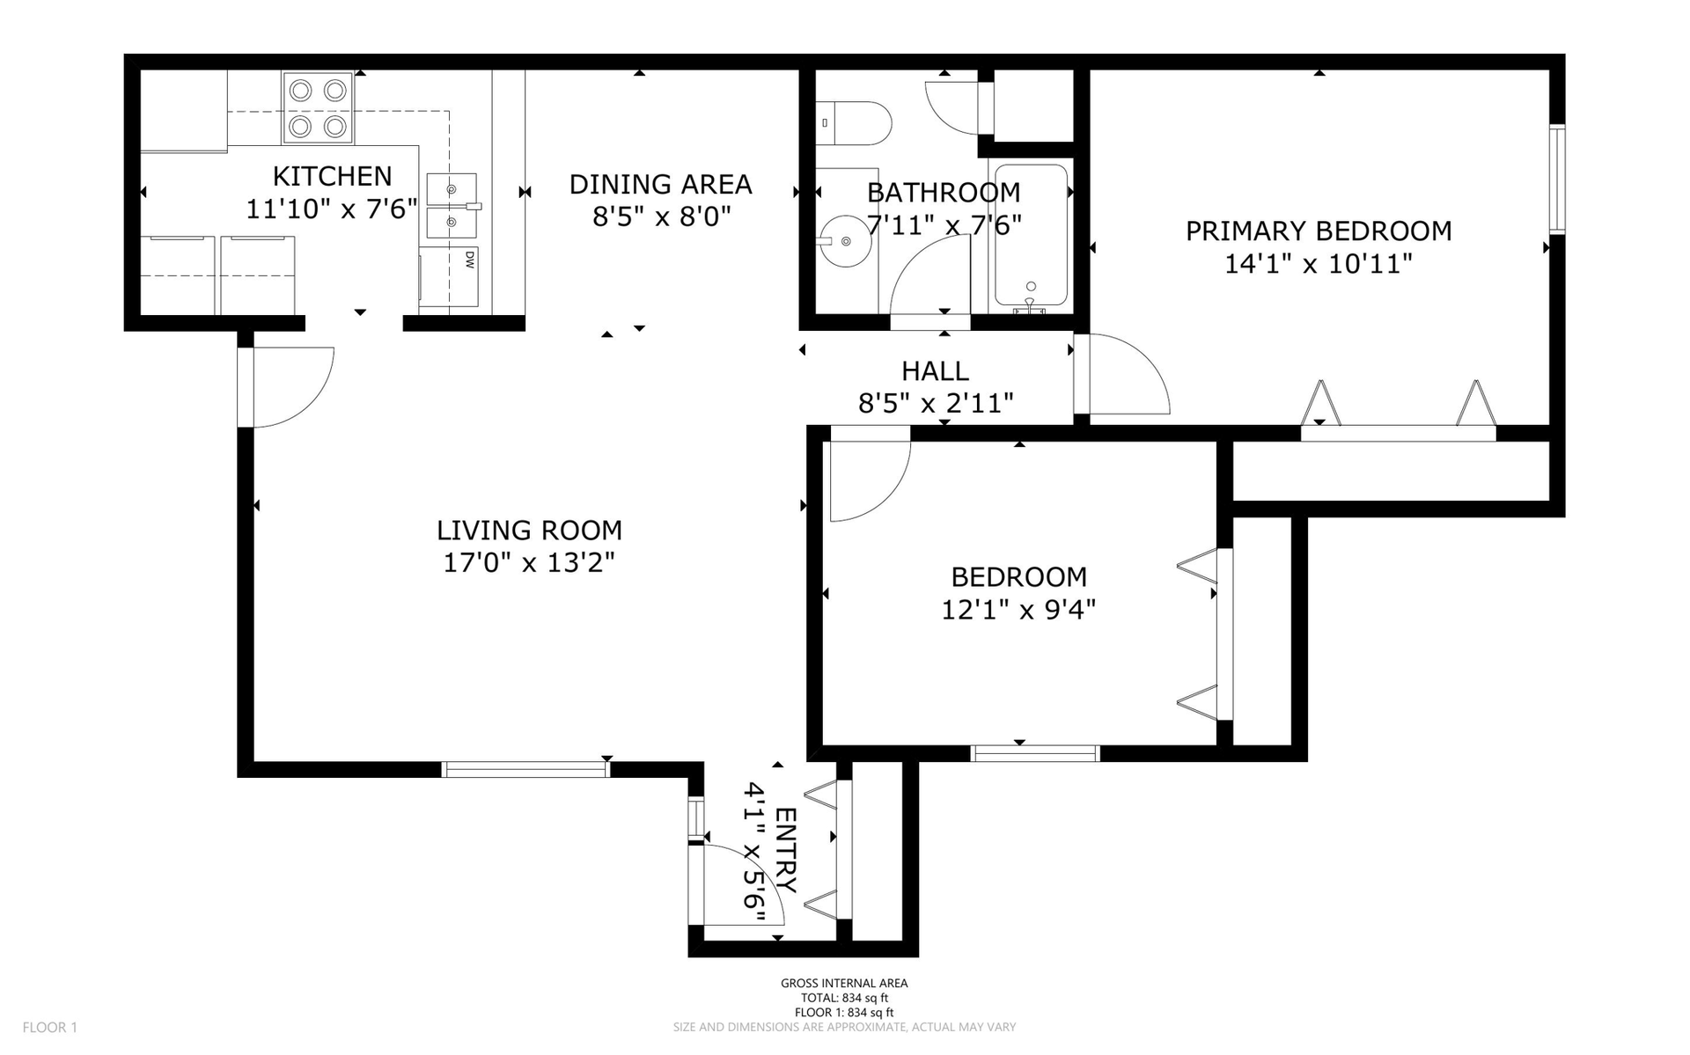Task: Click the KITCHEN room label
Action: [x=332, y=176]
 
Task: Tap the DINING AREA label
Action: [x=660, y=184]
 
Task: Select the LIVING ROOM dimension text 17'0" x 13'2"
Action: [x=528, y=561]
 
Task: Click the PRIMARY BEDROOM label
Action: [x=1318, y=231]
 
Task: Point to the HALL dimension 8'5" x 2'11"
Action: [x=936, y=403]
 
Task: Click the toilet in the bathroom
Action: [x=853, y=123]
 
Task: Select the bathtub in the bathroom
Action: [x=1031, y=236]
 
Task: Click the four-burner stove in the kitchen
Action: [x=318, y=108]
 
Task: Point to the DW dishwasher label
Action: [x=470, y=259]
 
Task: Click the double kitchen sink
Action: [x=452, y=206]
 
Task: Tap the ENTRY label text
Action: [x=785, y=850]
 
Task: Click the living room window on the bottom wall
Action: [x=525, y=770]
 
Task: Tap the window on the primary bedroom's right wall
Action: [x=1557, y=179]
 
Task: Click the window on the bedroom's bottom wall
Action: [x=1035, y=753]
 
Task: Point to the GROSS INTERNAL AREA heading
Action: [x=844, y=984]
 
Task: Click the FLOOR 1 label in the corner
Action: [x=50, y=1027]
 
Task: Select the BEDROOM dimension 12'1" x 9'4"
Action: [x=1018, y=609]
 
